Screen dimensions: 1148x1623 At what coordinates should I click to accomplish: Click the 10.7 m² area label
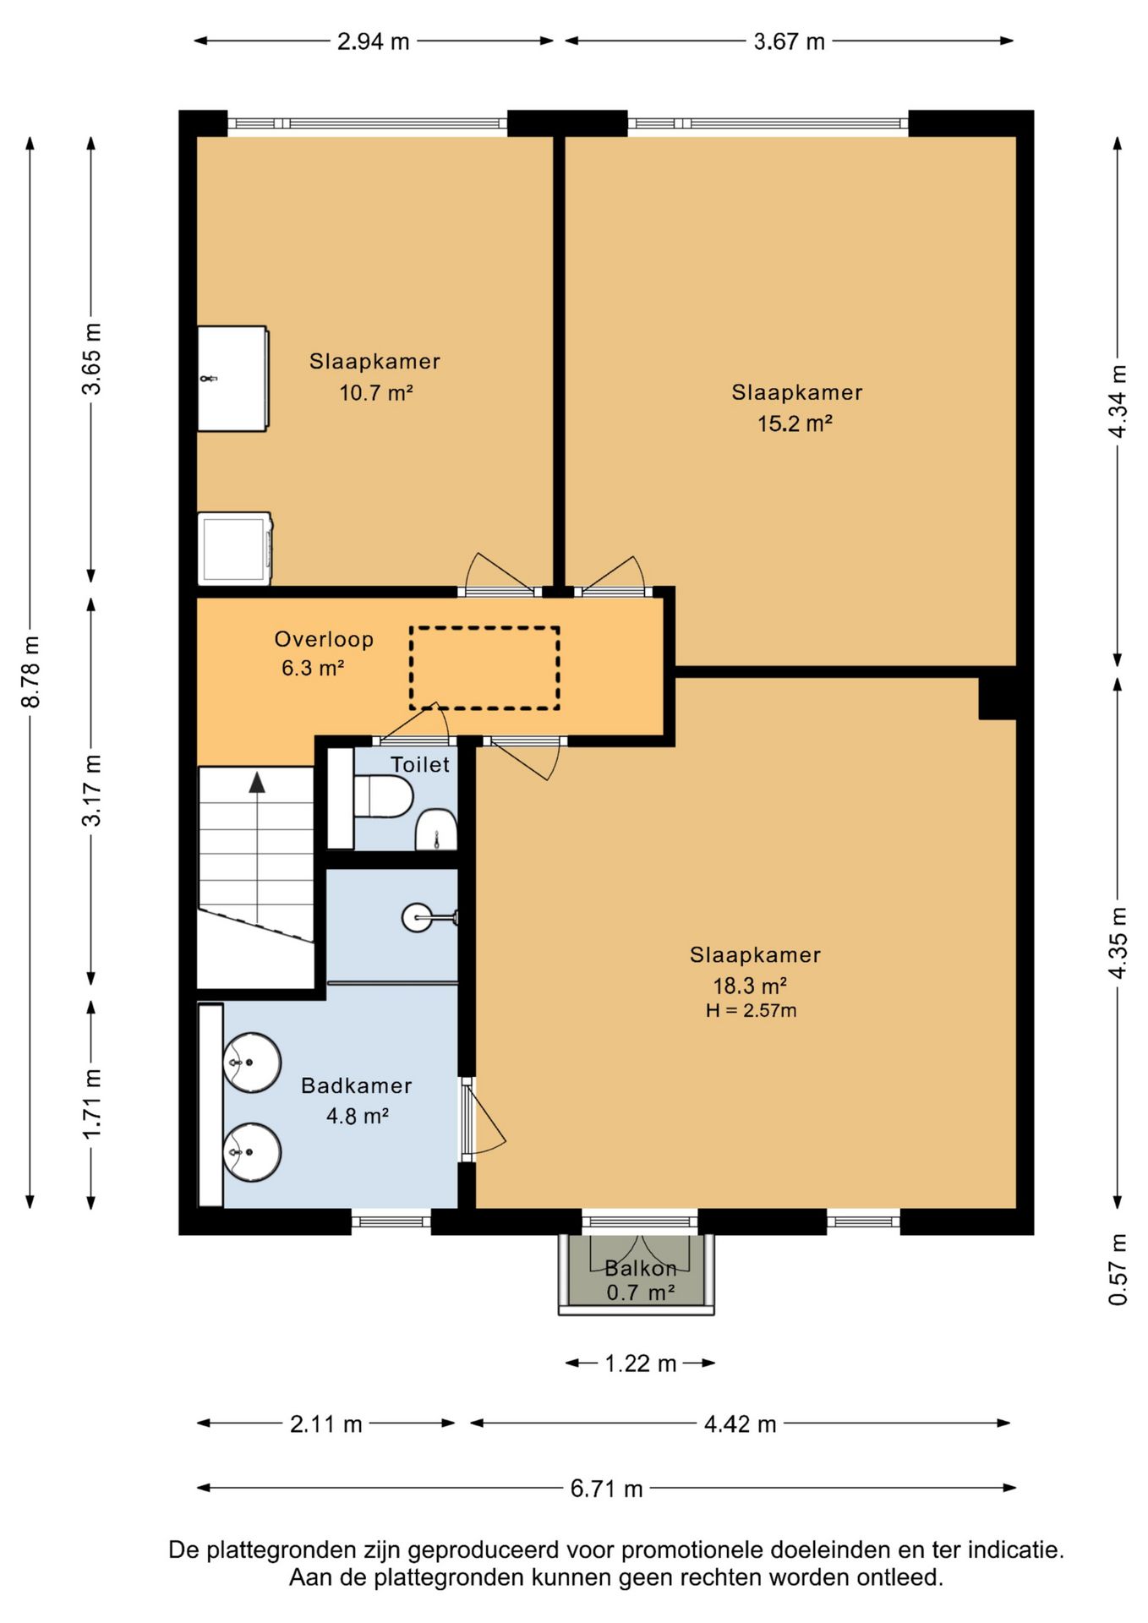click(375, 393)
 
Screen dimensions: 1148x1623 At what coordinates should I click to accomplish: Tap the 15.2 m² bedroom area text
click(795, 424)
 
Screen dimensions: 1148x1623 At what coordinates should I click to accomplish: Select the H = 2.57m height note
click(752, 1010)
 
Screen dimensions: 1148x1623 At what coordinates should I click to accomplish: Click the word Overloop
click(324, 640)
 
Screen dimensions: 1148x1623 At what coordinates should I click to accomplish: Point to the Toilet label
click(420, 765)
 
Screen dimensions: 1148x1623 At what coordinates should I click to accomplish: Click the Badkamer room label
click(357, 1085)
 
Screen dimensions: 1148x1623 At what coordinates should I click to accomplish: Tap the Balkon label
click(641, 1268)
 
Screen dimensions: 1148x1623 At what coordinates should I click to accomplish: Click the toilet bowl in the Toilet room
click(383, 796)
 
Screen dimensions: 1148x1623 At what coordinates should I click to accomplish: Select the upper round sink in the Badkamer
click(252, 1063)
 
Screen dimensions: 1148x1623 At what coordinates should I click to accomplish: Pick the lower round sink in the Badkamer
click(252, 1151)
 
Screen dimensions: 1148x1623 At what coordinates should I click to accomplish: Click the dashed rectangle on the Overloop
click(484, 627)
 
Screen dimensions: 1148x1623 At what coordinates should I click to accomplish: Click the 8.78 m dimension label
click(31, 672)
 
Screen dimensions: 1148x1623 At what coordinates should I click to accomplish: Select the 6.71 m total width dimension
click(606, 1488)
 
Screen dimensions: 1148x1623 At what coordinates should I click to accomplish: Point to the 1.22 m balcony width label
click(640, 1363)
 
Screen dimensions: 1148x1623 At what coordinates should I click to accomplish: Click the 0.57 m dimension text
click(1118, 1269)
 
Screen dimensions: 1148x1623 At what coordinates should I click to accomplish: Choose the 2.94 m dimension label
click(374, 41)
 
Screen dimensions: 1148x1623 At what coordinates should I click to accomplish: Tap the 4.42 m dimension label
click(740, 1424)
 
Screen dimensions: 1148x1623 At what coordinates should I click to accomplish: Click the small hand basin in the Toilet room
click(436, 829)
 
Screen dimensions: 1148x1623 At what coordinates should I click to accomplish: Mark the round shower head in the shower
click(417, 917)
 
